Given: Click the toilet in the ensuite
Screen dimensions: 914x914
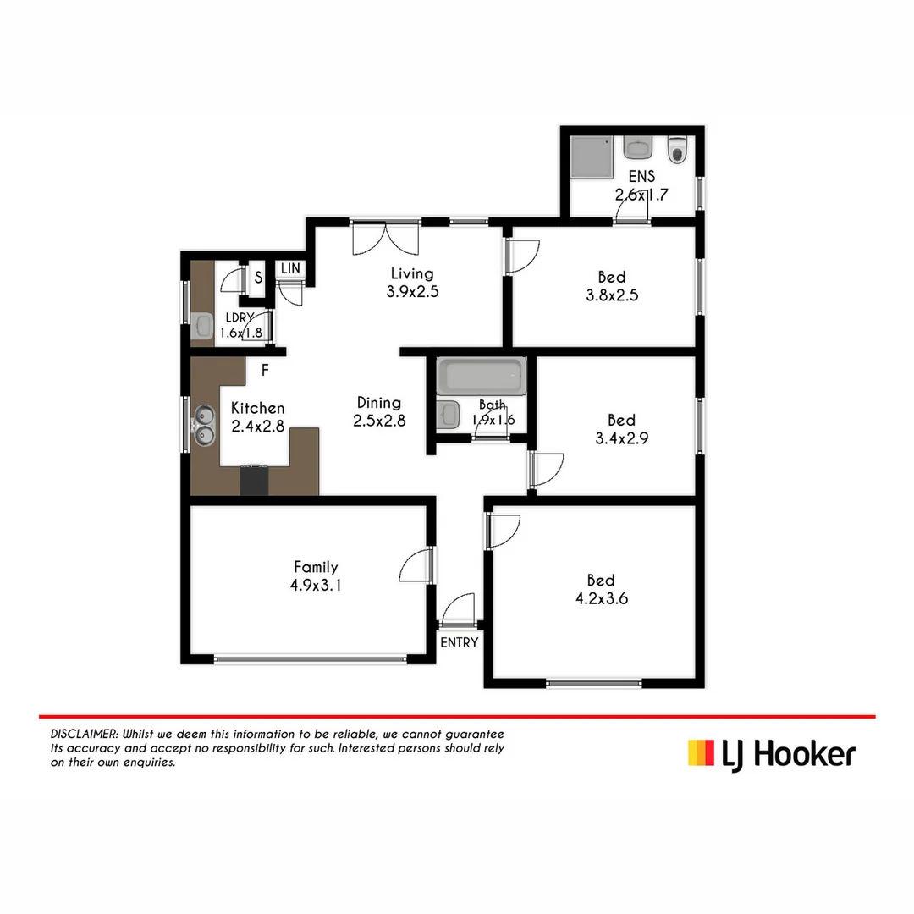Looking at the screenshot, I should pos(677,151).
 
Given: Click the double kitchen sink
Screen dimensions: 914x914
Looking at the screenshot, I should pos(204,425).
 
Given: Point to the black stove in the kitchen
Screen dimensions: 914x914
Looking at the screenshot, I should pos(254,480).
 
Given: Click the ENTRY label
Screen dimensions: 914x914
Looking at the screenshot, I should pos(460,642).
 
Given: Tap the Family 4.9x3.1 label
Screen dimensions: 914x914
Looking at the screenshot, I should pos(316,575).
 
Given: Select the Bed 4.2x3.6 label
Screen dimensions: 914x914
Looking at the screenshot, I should pos(601,589).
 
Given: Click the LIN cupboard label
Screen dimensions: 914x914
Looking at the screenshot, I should pos(291,268).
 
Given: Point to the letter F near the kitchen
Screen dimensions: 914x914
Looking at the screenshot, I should pos(265,370).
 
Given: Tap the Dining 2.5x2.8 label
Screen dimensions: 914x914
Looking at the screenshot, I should pos(378,411).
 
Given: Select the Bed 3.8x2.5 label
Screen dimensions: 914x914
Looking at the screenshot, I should pos(611,286).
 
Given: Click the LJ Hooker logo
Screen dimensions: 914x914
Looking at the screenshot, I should pos(771,752).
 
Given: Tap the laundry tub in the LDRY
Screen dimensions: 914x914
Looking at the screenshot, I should pos(202,325).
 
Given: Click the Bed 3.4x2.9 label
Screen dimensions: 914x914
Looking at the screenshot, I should pos(621,429).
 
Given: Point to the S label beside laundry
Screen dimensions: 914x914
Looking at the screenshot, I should pos(258,278).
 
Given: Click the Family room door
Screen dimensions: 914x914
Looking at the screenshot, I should pos(416,565).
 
